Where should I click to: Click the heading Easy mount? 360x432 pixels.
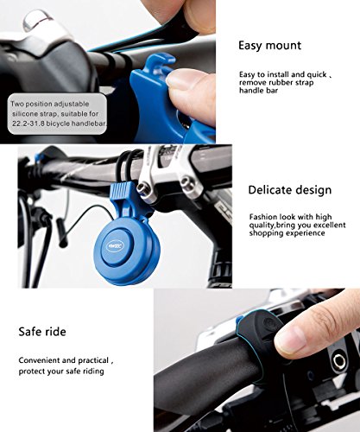[x=269, y=44]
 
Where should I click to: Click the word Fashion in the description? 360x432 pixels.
[x=262, y=216]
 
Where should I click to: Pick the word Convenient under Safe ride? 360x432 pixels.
[x=39, y=359]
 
